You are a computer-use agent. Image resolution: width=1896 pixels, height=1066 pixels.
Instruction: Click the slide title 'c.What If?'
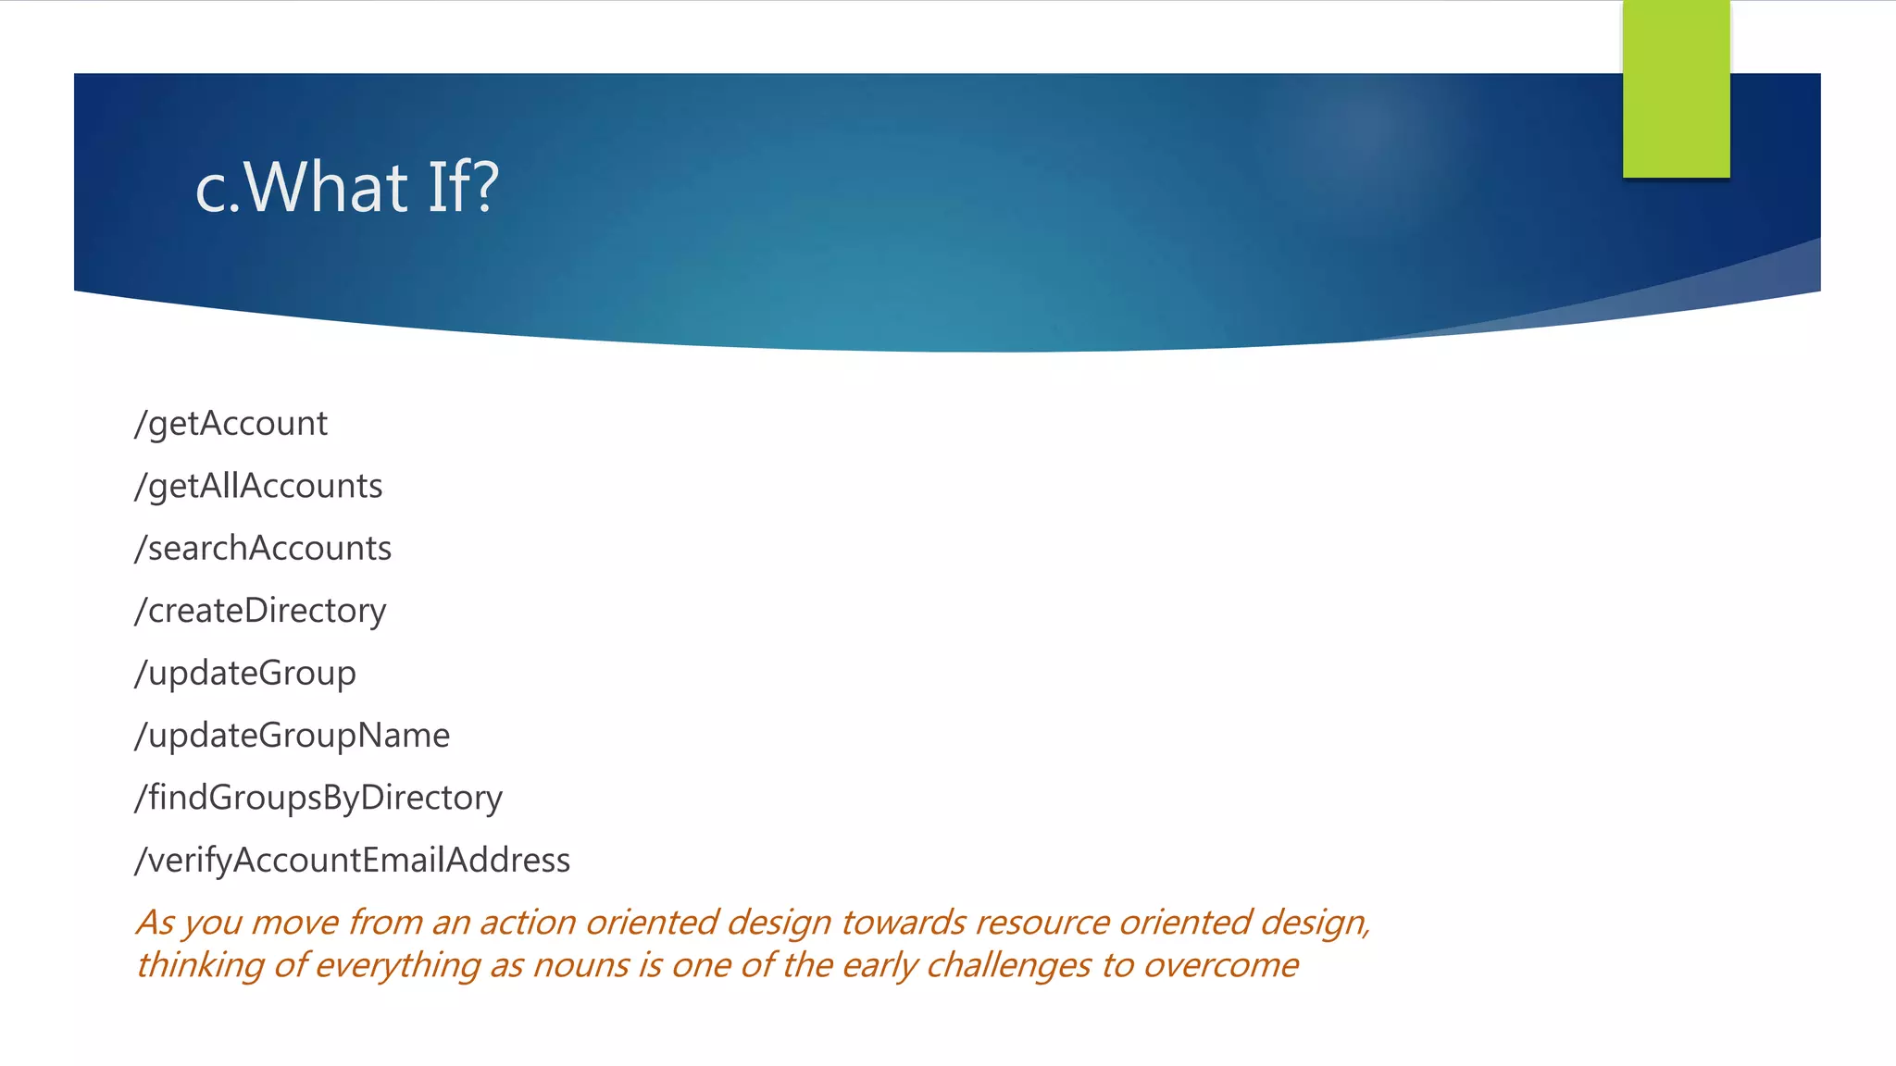[x=347, y=187]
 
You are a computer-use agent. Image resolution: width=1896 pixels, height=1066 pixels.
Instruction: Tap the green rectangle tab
[x=1676, y=89]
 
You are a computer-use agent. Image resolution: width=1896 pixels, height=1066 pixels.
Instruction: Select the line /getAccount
[x=231, y=424]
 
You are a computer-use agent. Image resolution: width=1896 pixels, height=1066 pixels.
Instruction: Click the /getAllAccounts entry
[x=258, y=486]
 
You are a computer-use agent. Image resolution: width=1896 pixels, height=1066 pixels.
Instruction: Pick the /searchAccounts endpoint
[x=263, y=549]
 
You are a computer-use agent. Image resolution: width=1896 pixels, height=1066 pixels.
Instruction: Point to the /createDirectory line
[x=260, y=611]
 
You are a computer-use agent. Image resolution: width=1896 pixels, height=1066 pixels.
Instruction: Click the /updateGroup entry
[x=245, y=674]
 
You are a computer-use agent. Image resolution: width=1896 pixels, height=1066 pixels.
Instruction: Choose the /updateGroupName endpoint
[x=293, y=736]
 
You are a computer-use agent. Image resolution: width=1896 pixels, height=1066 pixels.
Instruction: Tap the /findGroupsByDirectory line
[x=318, y=798]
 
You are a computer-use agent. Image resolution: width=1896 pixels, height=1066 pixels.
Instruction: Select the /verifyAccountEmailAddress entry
[x=353, y=861]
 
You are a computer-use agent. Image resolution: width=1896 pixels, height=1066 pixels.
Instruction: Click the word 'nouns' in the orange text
[x=583, y=965]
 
